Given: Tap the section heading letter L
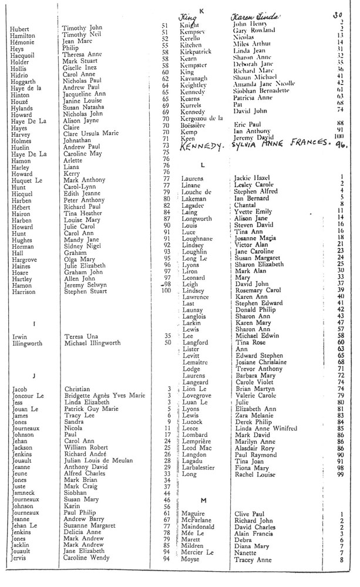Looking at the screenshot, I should [202, 165].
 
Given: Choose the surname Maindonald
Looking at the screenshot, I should [200, 527].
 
